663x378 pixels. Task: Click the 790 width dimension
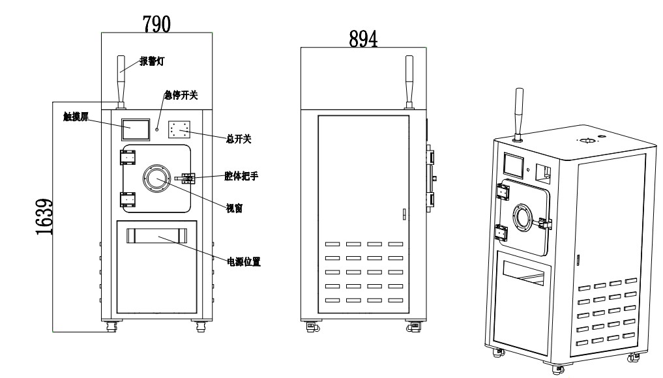(x=156, y=23)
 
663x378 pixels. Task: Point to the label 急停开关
(x=181, y=96)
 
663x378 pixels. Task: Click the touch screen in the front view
(x=135, y=128)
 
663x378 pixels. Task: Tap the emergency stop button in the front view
(x=157, y=129)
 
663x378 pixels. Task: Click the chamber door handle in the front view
(x=186, y=177)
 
